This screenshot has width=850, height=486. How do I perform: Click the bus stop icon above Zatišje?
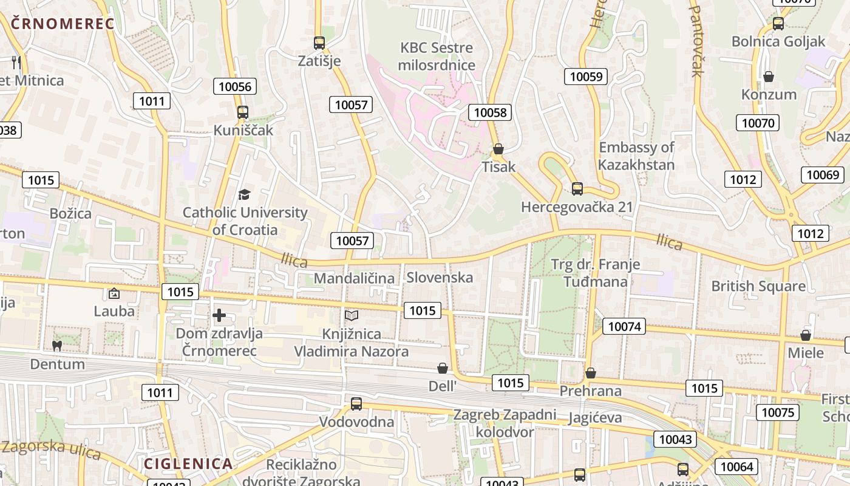tap(319, 43)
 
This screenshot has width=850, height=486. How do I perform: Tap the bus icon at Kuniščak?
tap(243, 112)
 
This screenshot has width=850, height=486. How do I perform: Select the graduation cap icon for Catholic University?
tap(244, 194)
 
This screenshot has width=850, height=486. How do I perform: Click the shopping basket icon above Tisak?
tap(498, 149)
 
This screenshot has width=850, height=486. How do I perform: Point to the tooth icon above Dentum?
tap(57, 346)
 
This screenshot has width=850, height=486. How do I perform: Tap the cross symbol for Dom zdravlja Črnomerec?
tap(219, 315)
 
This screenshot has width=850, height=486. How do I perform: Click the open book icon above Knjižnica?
tap(352, 315)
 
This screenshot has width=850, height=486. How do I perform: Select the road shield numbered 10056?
tap(235, 86)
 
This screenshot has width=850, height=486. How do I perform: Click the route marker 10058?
tap(490, 112)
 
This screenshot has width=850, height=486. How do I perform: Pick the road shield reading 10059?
tap(586, 76)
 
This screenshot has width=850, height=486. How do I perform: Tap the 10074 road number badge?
tap(624, 326)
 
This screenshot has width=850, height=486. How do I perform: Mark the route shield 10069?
tap(823, 175)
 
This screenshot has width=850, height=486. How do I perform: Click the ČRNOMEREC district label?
tap(63, 24)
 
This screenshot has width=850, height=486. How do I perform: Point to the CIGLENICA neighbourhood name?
tap(188, 464)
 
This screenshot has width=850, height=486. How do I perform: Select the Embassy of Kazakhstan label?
tap(636, 156)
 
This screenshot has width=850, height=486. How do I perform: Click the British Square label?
tap(758, 286)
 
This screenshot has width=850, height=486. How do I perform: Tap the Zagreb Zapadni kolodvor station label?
tap(505, 423)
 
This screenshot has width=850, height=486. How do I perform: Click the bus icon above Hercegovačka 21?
tap(577, 189)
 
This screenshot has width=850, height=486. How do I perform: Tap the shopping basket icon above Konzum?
tap(769, 77)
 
